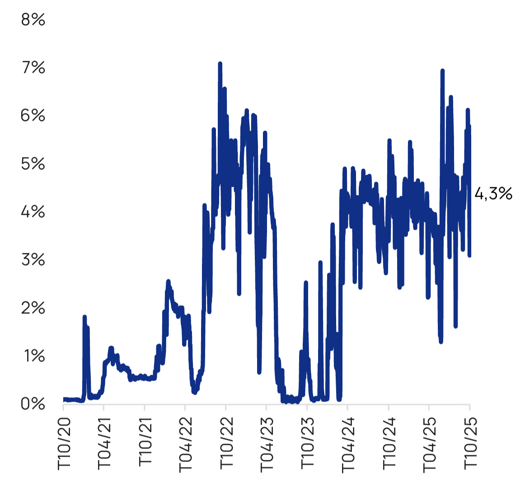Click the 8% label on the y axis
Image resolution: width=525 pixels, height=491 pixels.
click(33, 20)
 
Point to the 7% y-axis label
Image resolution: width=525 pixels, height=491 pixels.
click(33, 68)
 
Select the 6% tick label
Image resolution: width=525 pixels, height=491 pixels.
click(33, 116)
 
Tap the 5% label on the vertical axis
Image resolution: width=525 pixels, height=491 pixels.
click(33, 164)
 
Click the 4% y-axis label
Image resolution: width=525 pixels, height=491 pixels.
click(33, 212)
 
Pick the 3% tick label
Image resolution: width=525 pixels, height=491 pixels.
click(33, 260)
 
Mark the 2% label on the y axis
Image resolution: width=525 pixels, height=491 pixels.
click(33, 308)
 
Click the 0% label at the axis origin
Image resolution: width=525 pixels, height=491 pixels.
click(33, 404)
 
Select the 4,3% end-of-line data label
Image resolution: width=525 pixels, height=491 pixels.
click(493, 194)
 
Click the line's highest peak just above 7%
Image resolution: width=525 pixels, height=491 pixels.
click(220, 64)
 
